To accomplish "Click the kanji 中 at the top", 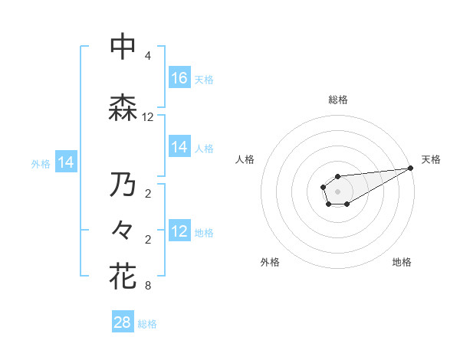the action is point(123,47).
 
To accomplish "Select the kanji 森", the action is point(123,107).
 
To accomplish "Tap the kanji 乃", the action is point(123,185).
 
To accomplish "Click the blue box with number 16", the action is point(179,78).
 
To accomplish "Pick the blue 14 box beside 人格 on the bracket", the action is point(179,147).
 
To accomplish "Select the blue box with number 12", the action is point(179,231).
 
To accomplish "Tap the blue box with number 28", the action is point(123,322).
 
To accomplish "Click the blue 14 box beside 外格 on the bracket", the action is point(66,162).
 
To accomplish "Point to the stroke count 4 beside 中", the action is point(148,56).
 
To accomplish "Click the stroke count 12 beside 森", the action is point(148,117).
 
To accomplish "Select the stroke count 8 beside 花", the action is point(148,286).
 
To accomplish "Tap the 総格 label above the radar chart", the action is point(337,100).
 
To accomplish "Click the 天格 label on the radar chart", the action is point(432,159).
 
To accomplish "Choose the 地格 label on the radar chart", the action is point(402,263).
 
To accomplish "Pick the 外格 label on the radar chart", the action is point(270,263).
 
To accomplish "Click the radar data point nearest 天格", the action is point(411,168).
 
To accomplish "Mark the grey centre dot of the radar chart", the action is point(337,191).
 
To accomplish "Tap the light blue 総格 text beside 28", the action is point(147,324).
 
